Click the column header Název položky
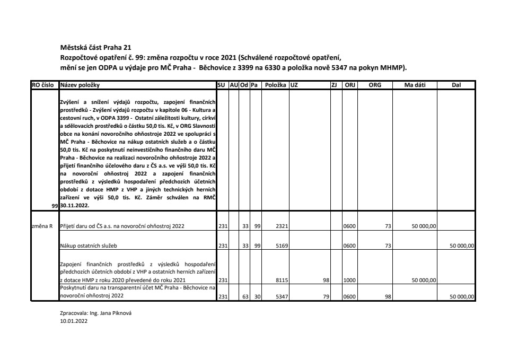80,85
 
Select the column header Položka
275,85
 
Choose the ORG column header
375,85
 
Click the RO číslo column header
45,85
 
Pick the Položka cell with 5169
282,246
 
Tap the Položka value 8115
282,280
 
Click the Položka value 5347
282,297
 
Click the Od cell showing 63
245,297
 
